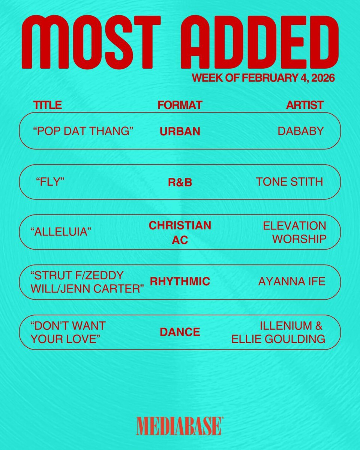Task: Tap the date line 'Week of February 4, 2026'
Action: (263, 79)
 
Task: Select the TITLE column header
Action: (48, 105)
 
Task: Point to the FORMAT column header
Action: (180, 105)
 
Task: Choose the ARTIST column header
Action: (304, 105)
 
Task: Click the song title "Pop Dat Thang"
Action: (84, 131)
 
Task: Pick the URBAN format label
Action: (180, 132)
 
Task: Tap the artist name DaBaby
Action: (301, 131)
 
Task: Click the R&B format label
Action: (180, 183)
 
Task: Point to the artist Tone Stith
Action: (289, 182)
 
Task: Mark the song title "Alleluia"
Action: (61, 232)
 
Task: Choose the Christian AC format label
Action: (180, 232)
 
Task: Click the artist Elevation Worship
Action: (294, 232)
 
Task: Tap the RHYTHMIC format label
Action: (180, 282)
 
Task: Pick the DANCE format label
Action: (180, 332)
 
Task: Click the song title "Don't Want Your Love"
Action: (68, 332)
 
